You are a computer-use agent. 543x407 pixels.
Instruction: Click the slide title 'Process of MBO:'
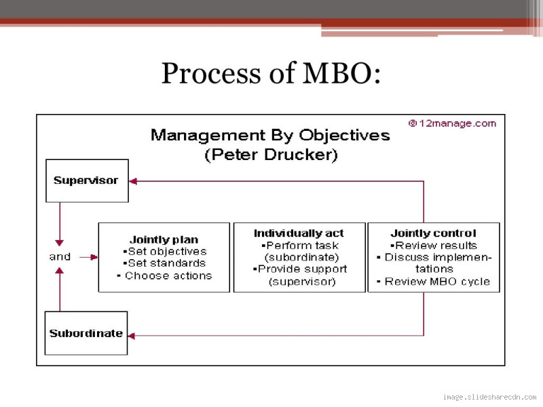click(270, 73)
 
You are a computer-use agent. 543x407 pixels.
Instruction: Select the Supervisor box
click(86, 180)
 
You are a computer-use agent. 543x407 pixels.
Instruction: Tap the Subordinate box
click(86, 333)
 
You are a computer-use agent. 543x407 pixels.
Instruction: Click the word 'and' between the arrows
click(60, 256)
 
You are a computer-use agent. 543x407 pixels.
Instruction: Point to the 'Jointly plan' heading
click(164, 239)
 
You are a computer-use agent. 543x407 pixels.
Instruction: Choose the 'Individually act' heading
click(299, 233)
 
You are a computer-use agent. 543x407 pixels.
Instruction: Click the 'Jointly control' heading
click(433, 233)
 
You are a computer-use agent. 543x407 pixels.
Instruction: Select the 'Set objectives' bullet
click(165, 251)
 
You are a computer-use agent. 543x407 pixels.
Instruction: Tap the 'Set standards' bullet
click(164, 263)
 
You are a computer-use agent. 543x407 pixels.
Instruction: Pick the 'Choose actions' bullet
click(164, 275)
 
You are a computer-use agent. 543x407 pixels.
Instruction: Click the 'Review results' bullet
click(434, 246)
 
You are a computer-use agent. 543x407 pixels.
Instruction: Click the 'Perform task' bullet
click(299, 246)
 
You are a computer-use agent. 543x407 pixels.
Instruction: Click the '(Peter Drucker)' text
click(270, 155)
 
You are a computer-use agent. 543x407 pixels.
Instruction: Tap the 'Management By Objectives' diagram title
click(270, 134)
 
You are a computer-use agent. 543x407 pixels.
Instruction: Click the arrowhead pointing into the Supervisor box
click(133, 181)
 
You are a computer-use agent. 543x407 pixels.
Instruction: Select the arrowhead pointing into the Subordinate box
click(132, 335)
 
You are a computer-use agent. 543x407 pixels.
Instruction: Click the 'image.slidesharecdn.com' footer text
click(489, 397)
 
